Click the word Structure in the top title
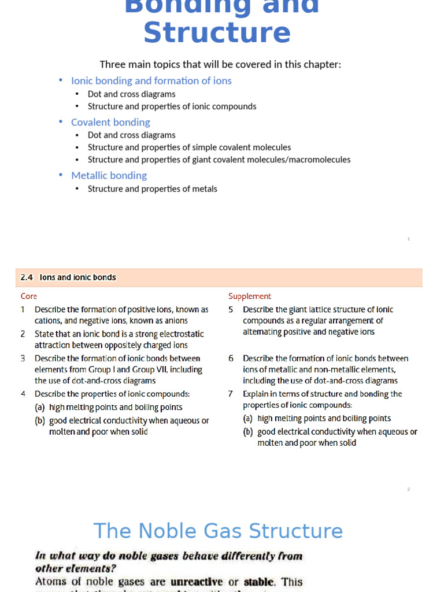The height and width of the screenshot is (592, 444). point(217,32)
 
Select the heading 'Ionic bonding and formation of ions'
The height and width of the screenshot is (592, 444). point(151,81)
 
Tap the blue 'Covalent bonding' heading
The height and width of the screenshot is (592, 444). point(110,123)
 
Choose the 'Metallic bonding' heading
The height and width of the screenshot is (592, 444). point(109,176)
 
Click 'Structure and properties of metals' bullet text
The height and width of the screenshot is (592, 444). point(152,189)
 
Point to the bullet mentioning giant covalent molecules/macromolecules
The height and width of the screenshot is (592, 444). point(219,160)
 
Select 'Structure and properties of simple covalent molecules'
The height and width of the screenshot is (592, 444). point(189,147)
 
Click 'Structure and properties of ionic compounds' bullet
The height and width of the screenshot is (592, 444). point(172,106)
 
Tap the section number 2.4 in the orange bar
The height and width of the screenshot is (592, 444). point(27,277)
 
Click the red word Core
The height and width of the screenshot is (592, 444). point(29,297)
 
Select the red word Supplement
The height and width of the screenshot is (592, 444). point(250,297)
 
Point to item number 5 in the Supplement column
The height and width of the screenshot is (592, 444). point(231,310)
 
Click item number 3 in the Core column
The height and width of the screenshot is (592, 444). point(23,358)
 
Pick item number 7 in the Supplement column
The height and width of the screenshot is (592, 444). point(231,394)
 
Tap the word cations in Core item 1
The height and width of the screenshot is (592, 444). point(47,321)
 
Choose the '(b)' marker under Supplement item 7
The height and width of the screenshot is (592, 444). point(247,432)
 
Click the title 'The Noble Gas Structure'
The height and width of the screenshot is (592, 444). point(218,531)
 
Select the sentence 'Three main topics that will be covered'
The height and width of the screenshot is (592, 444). point(220,64)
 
